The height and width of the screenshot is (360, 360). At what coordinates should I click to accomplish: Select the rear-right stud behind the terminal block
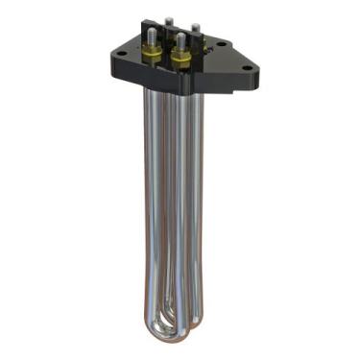pyautogui.click(x=194, y=26)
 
